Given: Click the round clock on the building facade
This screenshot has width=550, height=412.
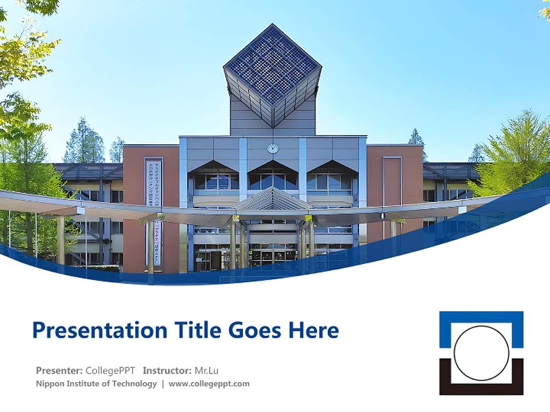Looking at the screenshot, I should [273, 148].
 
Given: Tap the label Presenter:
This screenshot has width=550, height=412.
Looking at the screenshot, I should [60, 370].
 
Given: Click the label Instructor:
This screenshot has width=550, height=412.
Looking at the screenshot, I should [167, 370].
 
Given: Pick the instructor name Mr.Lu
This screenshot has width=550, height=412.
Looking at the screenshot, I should [207, 370].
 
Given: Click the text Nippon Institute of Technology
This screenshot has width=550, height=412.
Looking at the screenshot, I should [96, 383].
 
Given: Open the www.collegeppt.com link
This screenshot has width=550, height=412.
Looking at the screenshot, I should [209, 383].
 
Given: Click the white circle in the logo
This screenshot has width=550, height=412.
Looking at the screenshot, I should [481, 353].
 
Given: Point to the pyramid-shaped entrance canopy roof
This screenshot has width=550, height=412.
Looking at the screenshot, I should [273, 200].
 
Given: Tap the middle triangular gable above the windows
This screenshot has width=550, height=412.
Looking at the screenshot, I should [273, 167].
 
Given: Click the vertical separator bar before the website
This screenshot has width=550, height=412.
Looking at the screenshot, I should [163, 383].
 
